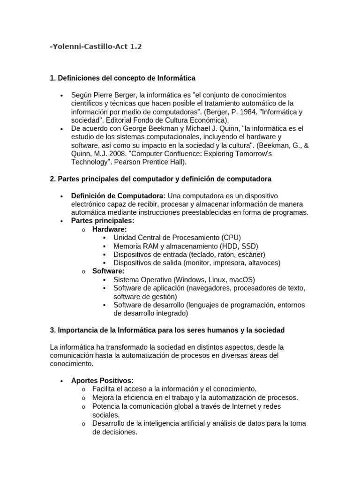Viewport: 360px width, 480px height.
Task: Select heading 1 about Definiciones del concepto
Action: (122, 78)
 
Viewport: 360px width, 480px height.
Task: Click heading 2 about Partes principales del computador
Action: (160, 179)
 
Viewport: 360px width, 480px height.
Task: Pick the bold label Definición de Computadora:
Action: (118, 195)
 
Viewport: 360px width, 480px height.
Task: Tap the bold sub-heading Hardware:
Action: (109, 229)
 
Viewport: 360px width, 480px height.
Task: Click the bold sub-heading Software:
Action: (108, 271)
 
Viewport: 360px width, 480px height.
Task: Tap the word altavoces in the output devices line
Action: (264, 263)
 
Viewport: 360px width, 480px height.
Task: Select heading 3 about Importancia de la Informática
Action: (167, 330)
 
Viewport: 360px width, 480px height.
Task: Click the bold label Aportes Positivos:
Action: (102, 381)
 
